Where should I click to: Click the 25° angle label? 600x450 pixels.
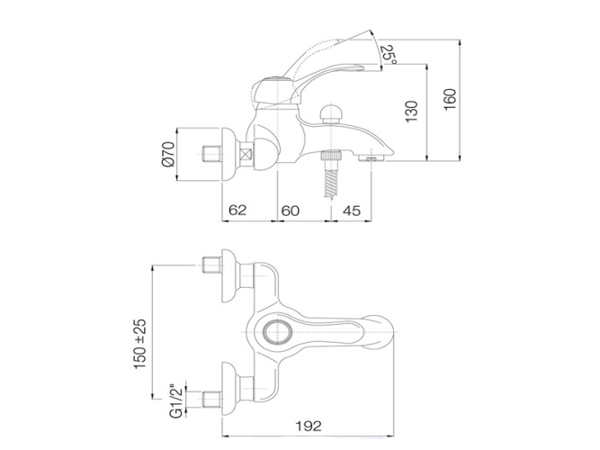pyautogui.click(x=389, y=54)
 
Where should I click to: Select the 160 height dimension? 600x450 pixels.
pyautogui.click(x=450, y=100)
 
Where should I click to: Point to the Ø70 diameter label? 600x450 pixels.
pyautogui.click(x=168, y=154)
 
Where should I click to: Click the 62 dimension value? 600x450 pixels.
pyautogui.click(x=237, y=210)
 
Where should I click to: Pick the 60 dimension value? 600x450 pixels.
pyautogui.click(x=291, y=211)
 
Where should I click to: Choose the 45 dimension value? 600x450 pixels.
pyautogui.click(x=352, y=211)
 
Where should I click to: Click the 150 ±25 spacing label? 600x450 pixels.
pyautogui.click(x=140, y=344)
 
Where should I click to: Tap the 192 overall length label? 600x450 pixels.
pyautogui.click(x=309, y=426)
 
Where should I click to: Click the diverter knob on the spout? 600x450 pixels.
pyautogui.click(x=331, y=113)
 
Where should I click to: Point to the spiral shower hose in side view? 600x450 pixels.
pyautogui.click(x=331, y=183)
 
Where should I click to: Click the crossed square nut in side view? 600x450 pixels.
pyautogui.click(x=246, y=154)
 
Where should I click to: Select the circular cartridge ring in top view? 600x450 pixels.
pyautogui.click(x=278, y=332)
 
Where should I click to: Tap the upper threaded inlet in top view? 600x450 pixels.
pyautogui.click(x=211, y=265)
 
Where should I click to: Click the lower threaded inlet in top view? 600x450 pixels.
pyautogui.click(x=211, y=399)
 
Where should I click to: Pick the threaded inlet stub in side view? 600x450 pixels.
pyautogui.click(x=211, y=154)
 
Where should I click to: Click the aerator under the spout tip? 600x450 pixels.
pyautogui.click(x=372, y=157)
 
